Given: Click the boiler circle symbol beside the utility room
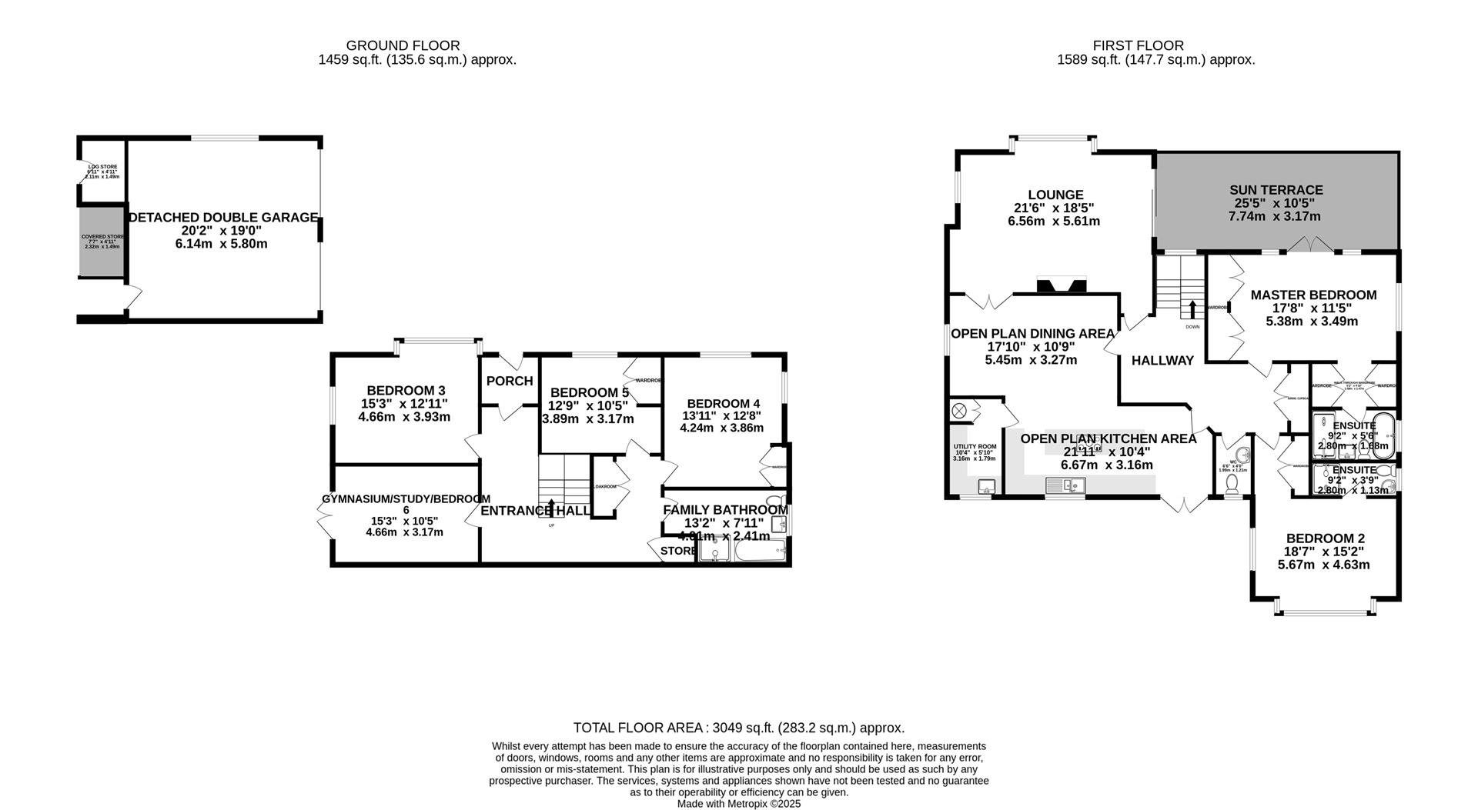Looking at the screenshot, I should pyautogui.click(x=960, y=411).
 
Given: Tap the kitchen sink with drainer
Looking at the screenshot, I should pyautogui.click(x=1065, y=485).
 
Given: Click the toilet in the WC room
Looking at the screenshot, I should pyautogui.click(x=1232, y=483).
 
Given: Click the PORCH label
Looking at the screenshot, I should pyautogui.click(x=510, y=381).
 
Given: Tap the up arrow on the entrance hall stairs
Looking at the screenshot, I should pyautogui.click(x=550, y=508).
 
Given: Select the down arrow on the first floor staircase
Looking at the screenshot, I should pyautogui.click(x=1192, y=308).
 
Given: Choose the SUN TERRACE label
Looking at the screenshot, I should pyautogui.click(x=1276, y=190).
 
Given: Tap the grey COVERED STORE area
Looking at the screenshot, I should pyautogui.click(x=102, y=241).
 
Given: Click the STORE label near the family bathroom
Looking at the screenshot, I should pyautogui.click(x=677, y=551).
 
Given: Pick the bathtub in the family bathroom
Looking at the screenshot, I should pyautogui.click(x=759, y=552).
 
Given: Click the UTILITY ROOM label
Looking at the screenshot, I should pyautogui.click(x=975, y=447).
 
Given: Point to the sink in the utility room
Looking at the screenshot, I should pyautogui.click(x=986, y=486).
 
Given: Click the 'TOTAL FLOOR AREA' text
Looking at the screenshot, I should pyautogui.click(x=639, y=728).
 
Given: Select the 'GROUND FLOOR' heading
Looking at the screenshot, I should pyautogui.click(x=403, y=45).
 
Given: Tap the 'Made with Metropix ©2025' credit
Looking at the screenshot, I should pyautogui.click(x=739, y=804).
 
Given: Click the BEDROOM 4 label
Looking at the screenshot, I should pyautogui.click(x=724, y=404).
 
